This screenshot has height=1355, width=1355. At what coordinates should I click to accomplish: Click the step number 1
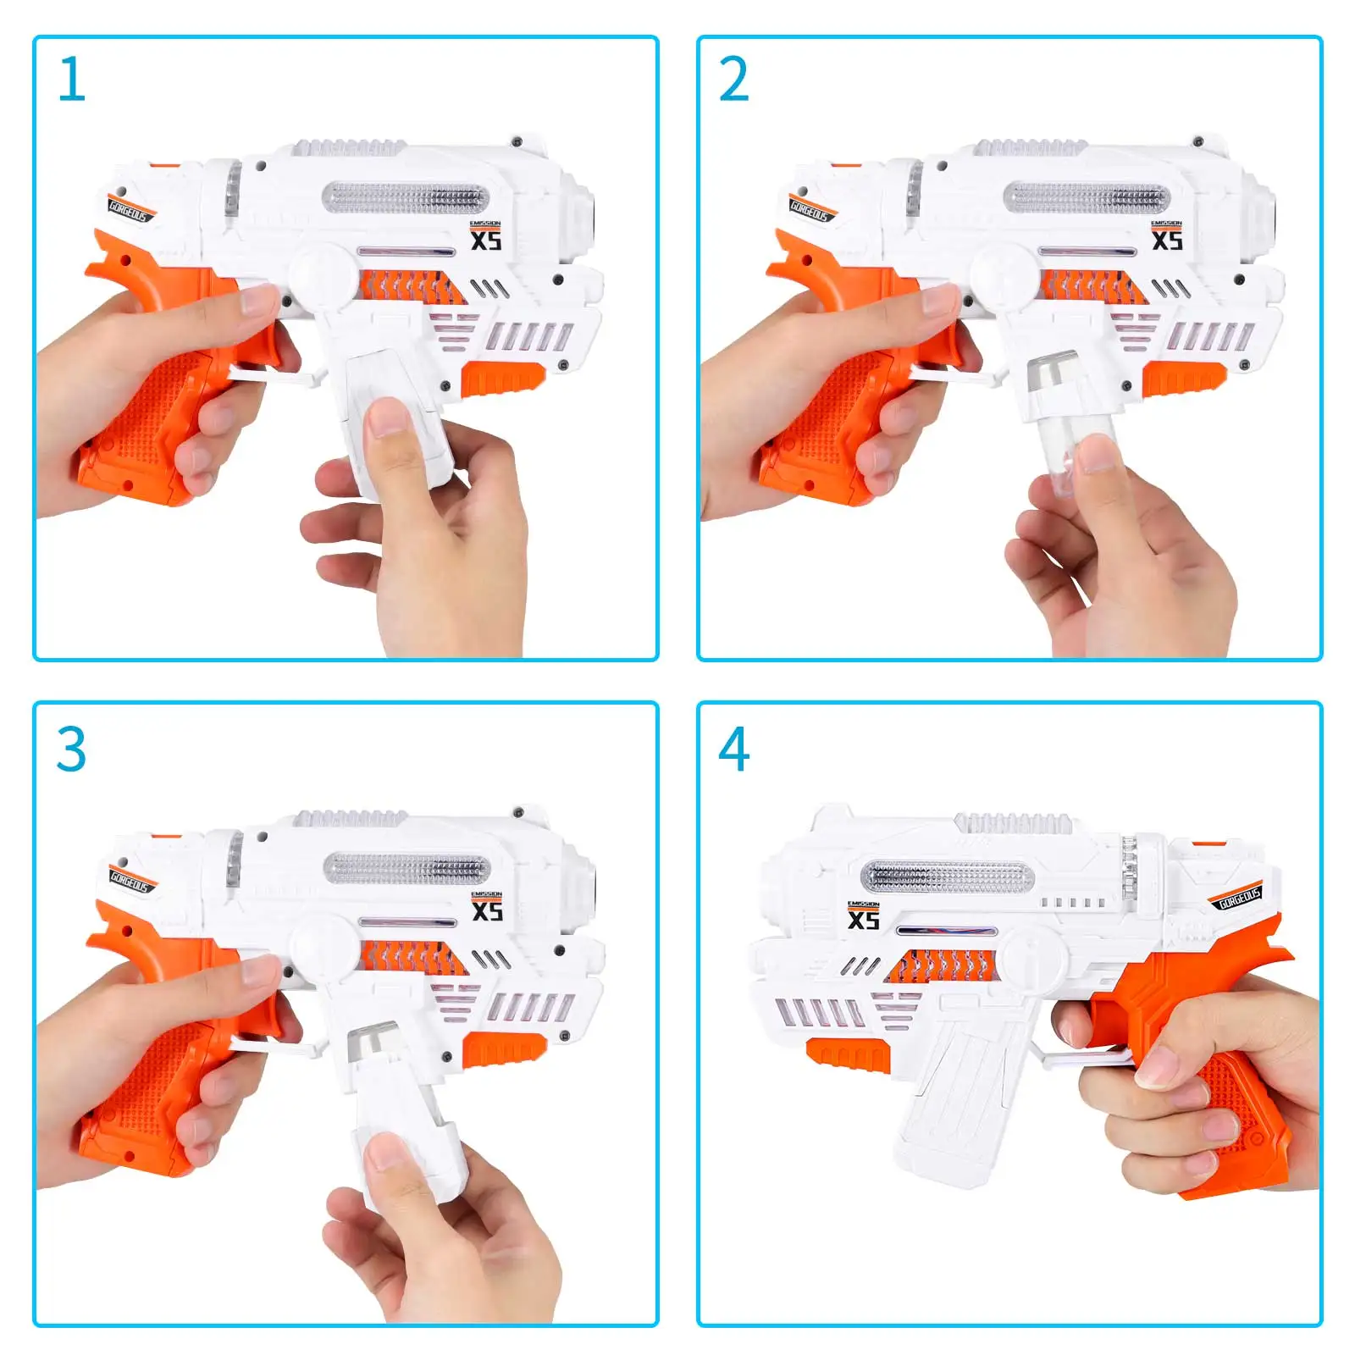pos(72,80)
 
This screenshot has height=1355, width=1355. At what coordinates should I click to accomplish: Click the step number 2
pos(733,80)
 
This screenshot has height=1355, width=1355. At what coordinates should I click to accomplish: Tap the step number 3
pos(71,749)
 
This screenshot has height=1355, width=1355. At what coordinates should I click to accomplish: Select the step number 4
pos(733,749)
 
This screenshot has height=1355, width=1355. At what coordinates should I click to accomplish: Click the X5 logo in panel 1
pos(486,240)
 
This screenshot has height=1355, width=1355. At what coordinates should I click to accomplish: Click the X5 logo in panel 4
pos(863,919)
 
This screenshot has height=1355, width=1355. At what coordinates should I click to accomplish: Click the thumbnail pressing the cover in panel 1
pos(388,418)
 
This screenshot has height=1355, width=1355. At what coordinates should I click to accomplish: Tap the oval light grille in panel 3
pos(406,869)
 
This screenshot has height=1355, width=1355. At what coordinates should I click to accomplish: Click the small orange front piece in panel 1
pos(503,378)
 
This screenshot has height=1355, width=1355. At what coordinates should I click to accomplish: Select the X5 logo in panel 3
pos(486,910)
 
